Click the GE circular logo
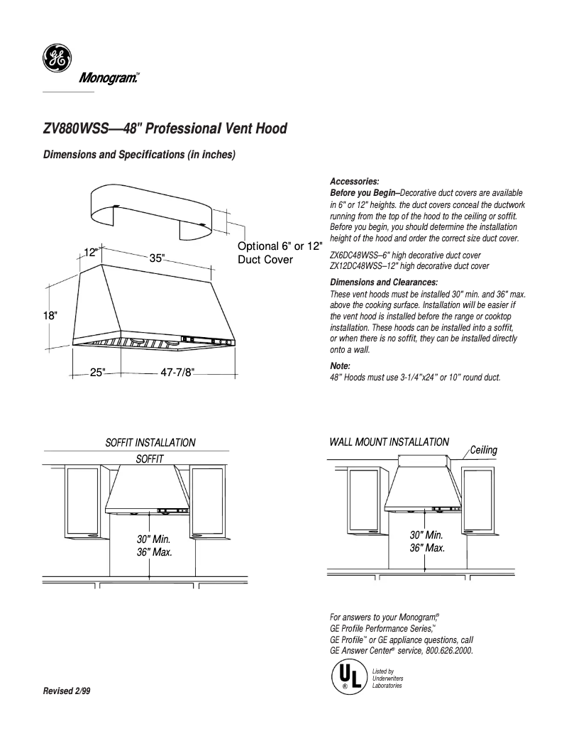(x=55, y=57)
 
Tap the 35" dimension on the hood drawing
(x=157, y=258)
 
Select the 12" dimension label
(x=91, y=253)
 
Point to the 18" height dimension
(x=50, y=316)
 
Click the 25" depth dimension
(x=97, y=372)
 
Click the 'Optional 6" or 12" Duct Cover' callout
(x=279, y=253)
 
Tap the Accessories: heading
(x=355, y=182)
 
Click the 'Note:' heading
(x=341, y=366)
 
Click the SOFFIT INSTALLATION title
(x=150, y=442)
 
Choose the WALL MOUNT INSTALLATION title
(x=389, y=441)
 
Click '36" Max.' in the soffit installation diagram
(x=155, y=551)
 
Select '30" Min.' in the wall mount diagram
(x=426, y=534)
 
